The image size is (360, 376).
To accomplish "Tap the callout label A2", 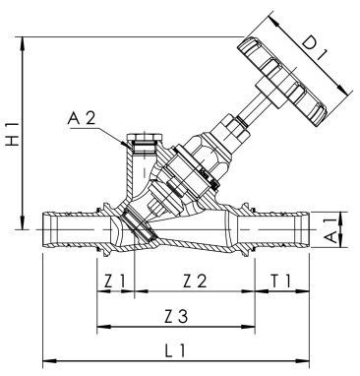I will pos(83,119).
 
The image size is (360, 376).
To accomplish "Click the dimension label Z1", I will pos(115,282).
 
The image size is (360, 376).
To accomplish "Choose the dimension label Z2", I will pos(195,282).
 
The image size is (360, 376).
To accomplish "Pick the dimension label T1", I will pos(280,282).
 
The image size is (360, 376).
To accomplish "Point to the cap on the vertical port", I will pos(144,139).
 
